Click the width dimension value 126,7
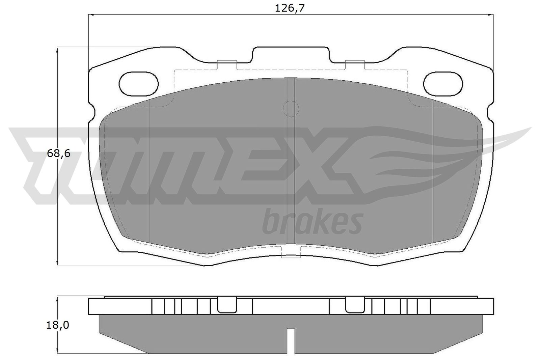(290, 8)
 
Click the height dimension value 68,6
(58, 154)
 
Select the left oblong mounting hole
(139, 83)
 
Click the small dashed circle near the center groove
(290, 109)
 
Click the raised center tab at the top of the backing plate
(290, 54)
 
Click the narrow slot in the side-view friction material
(291, 341)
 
